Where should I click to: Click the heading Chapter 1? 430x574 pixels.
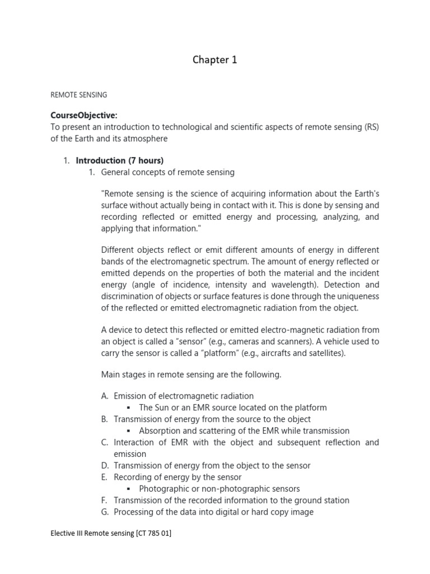tap(215, 60)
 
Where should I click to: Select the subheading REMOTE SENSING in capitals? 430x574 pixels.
tap(78, 95)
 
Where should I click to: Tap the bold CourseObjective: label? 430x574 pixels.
tap(84, 115)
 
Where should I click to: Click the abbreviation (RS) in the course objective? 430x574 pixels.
tap(371, 127)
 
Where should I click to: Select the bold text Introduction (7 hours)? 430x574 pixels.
tap(120, 161)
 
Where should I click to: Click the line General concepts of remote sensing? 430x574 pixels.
tap(167, 172)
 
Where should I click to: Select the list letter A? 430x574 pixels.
tap(105, 396)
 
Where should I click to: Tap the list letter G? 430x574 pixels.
tap(105, 512)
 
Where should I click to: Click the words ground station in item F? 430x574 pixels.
tap(321, 501)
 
